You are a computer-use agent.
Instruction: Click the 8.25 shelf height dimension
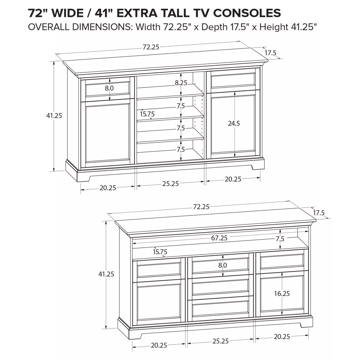[181, 83]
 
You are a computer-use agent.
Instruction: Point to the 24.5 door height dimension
[234, 124]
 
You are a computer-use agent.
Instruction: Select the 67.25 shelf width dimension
[219, 238]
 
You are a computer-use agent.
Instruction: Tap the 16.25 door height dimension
[282, 293]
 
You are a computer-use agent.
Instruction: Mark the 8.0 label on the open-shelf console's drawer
[109, 88]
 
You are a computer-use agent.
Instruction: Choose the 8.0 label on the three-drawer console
[222, 265]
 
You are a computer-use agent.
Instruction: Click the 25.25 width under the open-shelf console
[170, 183]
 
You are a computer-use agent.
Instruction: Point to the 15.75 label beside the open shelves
[147, 114]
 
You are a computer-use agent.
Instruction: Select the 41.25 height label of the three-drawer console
[106, 274]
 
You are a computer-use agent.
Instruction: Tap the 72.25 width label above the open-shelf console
[151, 47]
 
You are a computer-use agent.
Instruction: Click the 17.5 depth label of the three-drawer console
[319, 213]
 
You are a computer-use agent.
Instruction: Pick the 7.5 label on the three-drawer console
[280, 239]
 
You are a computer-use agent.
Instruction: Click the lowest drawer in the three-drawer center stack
[221, 308]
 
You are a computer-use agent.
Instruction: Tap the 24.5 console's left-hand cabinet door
[108, 134]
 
